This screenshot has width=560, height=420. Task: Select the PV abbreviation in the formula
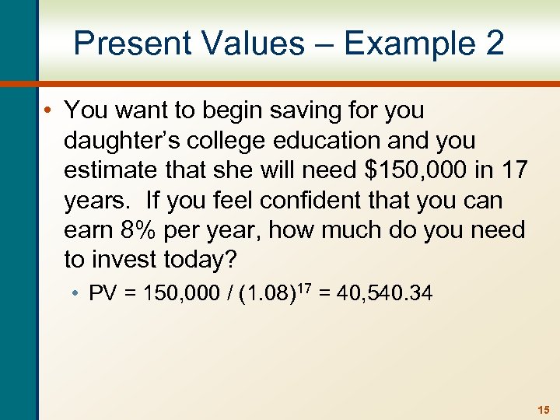(x=102, y=294)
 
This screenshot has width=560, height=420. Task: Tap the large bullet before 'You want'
(x=48, y=110)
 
